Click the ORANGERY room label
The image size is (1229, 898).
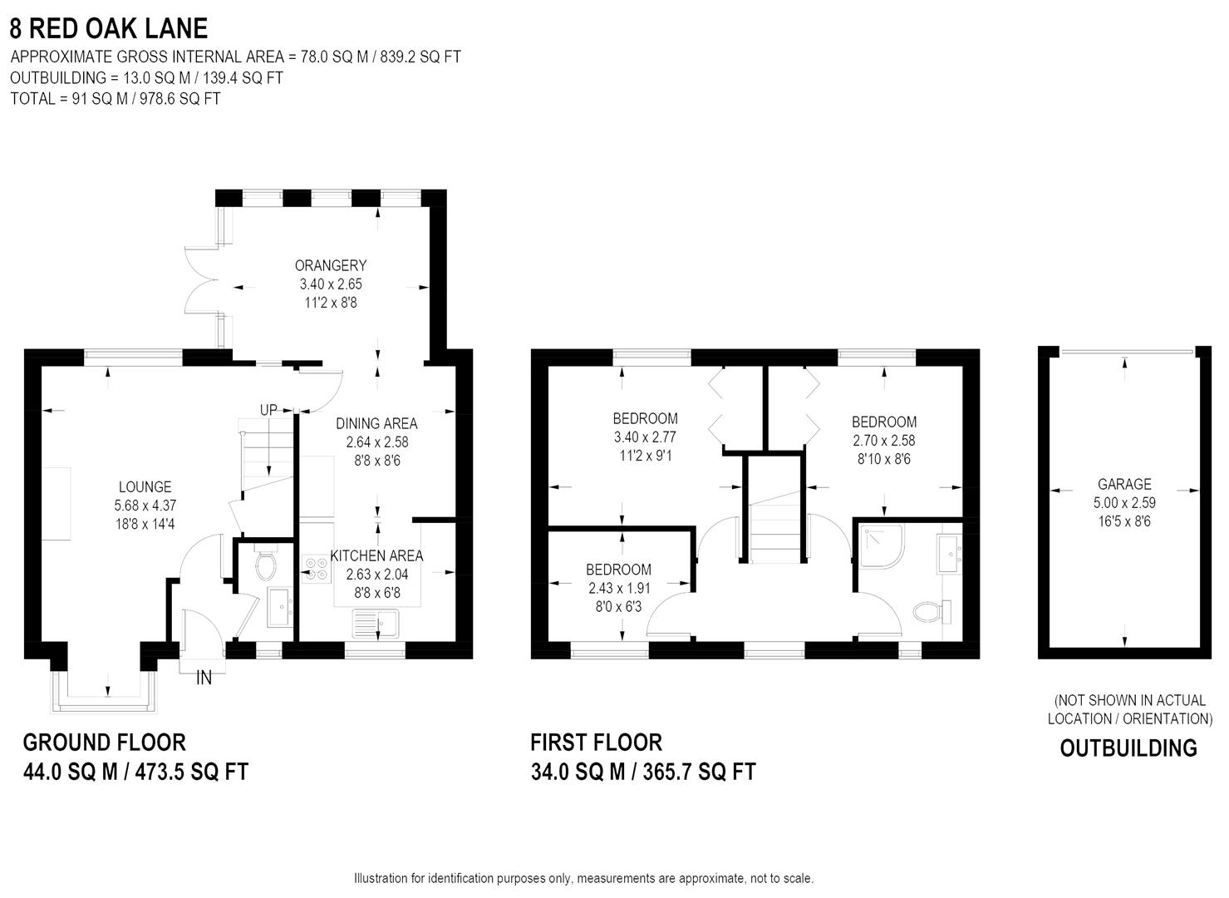pos(330,265)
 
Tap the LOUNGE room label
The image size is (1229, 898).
pos(145,487)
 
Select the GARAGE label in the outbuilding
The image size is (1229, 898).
pos(1124,484)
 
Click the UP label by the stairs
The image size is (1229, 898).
pos(268,410)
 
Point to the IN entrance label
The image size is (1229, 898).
pos(204,678)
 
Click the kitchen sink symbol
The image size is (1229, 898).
pos(376,623)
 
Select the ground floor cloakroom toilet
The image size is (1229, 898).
pos(266,565)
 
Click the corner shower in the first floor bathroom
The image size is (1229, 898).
pos(879,545)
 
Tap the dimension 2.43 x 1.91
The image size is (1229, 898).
pos(619,588)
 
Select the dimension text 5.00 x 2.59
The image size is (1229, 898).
pos(1124,503)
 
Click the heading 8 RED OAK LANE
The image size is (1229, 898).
pos(108,28)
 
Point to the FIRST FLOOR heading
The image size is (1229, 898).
pos(596,742)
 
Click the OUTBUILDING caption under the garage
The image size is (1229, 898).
pos(1128,748)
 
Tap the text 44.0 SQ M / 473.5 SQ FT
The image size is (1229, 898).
pos(135,772)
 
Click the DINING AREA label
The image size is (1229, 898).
pos(376,424)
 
